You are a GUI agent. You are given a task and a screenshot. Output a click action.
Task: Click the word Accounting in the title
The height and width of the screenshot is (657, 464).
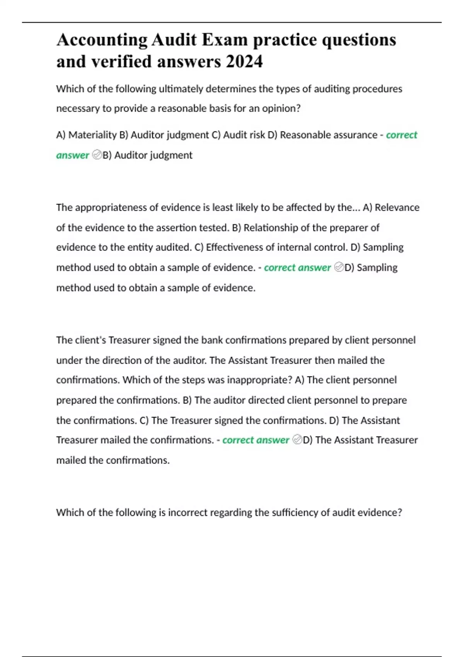[x=102, y=40]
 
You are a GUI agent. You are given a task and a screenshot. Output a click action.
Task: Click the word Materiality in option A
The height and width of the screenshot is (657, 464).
[x=92, y=135]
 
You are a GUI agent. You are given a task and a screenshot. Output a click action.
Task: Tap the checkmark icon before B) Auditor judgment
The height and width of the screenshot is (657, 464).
[x=97, y=155]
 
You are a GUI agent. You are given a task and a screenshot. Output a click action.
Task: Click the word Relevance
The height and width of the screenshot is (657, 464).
[x=397, y=208]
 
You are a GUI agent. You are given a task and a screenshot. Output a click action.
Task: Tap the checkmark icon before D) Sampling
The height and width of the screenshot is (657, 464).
[x=339, y=267]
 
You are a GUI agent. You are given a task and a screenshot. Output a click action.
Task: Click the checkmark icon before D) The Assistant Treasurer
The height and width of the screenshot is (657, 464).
[x=297, y=440]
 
